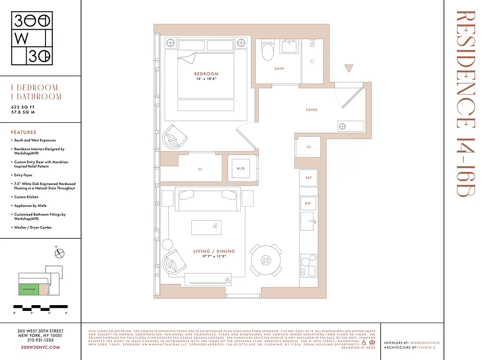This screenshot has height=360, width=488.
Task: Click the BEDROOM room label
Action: (206, 74)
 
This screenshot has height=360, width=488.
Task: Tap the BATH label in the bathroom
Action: (279, 69)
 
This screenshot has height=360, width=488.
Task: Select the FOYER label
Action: (312, 110)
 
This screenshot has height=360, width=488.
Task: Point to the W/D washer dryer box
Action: (240, 169)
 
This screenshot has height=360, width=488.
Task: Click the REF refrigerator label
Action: (309, 178)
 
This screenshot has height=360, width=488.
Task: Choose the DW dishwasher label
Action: (308, 203)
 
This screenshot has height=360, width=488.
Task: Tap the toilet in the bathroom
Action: (267, 51)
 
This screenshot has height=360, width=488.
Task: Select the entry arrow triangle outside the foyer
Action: (349, 68)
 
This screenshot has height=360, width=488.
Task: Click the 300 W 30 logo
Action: (32, 39)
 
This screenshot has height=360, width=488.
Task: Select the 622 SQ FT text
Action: (23, 107)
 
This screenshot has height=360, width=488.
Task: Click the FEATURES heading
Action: (23, 132)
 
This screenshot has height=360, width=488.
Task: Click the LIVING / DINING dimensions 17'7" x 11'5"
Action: (214, 256)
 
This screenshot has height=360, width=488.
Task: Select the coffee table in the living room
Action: (206, 227)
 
